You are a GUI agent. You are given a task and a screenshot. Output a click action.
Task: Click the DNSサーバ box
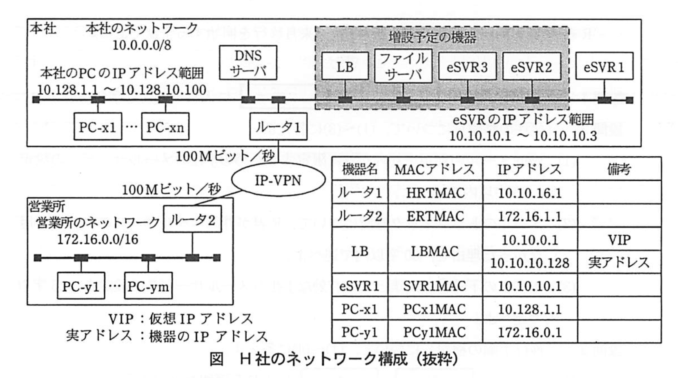pyautogui.click(x=248, y=63)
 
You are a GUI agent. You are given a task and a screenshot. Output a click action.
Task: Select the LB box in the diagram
pyautogui.click(x=345, y=66)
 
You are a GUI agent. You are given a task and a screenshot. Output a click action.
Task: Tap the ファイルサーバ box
pyautogui.click(x=403, y=66)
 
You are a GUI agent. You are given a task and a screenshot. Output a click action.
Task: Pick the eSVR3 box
pyautogui.click(x=467, y=66)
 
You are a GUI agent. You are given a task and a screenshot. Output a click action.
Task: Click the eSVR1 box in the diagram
pyautogui.click(x=604, y=66)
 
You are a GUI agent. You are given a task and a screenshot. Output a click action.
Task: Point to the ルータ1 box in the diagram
pyautogui.click(x=278, y=127)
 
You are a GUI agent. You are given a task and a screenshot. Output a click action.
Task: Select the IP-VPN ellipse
pyautogui.click(x=278, y=180)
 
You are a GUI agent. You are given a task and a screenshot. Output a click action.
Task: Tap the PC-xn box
pyautogui.click(x=165, y=127)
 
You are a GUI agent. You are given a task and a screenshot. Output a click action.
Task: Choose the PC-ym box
pyautogui.click(x=148, y=286)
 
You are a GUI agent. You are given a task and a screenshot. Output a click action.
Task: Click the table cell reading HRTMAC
pyautogui.click(x=435, y=193)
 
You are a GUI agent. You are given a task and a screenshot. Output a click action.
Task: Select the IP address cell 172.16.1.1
pyautogui.click(x=530, y=216)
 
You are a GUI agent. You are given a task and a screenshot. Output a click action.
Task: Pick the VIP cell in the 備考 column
pyautogui.click(x=619, y=239)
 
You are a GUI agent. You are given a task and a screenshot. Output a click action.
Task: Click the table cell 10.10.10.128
pyautogui.click(x=530, y=263)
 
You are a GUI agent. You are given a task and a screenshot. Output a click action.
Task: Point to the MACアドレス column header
pyautogui.click(x=435, y=169)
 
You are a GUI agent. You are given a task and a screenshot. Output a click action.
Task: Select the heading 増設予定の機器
pyautogui.click(x=432, y=38)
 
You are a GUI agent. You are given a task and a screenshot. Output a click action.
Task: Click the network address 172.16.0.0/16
pyautogui.click(x=98, y=239)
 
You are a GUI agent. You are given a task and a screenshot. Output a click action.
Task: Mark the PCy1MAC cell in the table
pyautogui.click(x=435, y=332)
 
